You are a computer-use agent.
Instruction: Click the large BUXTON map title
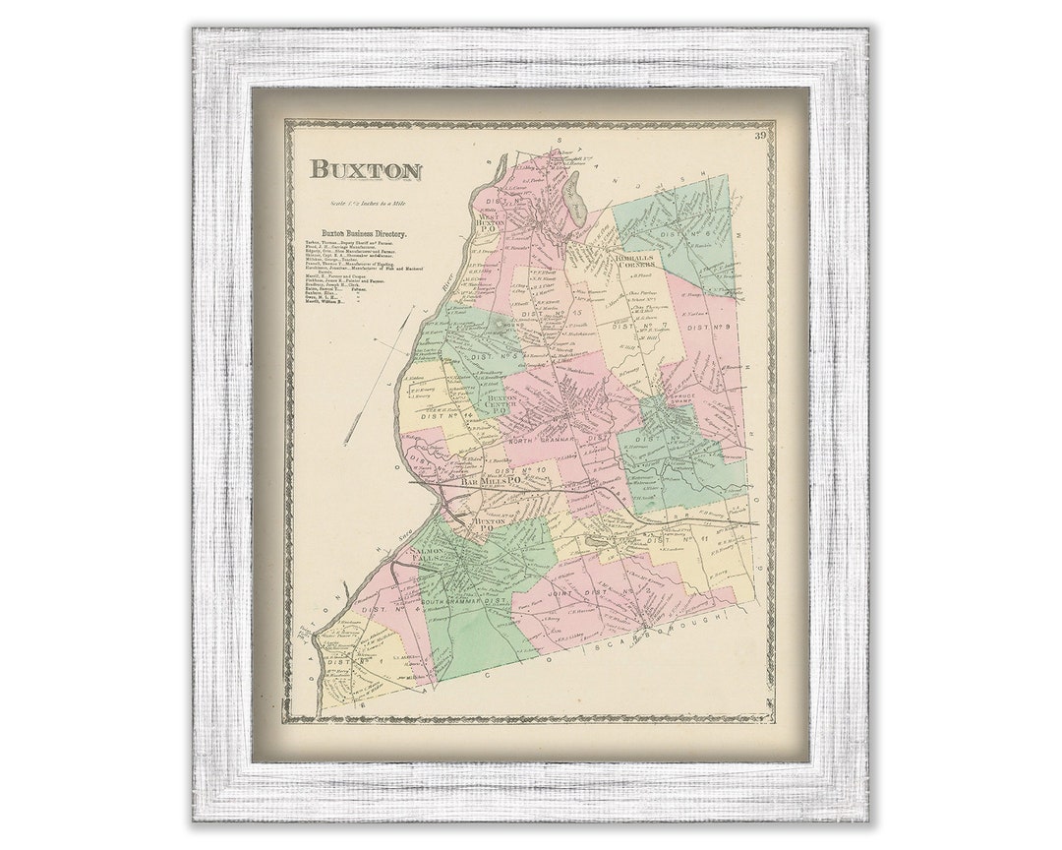[366, 169]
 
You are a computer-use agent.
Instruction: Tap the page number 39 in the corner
[760, 136]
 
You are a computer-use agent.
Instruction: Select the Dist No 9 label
[710, 327]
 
